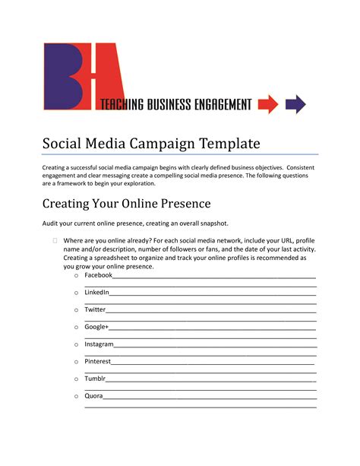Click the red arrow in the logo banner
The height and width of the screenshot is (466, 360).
(x=268, y=103)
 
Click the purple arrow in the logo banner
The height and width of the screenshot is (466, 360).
(x=295, y=103)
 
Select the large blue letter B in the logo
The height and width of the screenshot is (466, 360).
(x=65, y=76)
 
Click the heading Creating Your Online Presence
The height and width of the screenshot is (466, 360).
(x=126, y=204)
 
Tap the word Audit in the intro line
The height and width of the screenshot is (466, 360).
(x=51, y=223)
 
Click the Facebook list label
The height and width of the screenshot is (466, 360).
(x=98, y=275)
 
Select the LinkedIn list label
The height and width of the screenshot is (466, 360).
(x=97, y=293)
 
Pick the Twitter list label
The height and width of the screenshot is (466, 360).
(x=95, y=309)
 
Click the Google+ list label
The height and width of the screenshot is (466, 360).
(x=96, y=327)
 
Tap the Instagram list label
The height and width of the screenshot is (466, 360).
(x=99, y=344)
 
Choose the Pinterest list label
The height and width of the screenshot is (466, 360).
(x=97, y=362)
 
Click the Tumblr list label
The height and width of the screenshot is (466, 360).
(x=95, y=379)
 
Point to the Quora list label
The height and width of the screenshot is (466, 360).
(x=93, y=396)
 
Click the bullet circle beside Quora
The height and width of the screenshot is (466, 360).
(x=77, y=397)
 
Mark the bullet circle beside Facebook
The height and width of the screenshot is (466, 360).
(x=77, y=276)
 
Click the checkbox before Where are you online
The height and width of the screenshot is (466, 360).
(x=55, y=241)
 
